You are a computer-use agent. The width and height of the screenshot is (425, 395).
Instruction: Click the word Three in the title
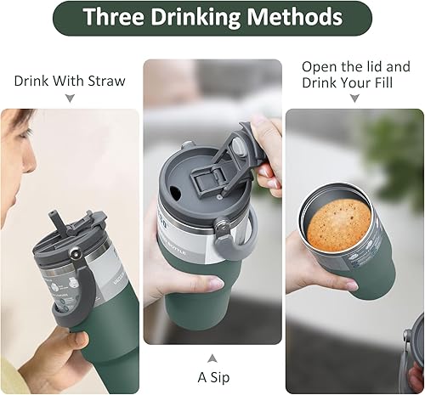point(117,18)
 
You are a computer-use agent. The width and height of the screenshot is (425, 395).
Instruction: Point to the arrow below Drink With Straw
point(69,99)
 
